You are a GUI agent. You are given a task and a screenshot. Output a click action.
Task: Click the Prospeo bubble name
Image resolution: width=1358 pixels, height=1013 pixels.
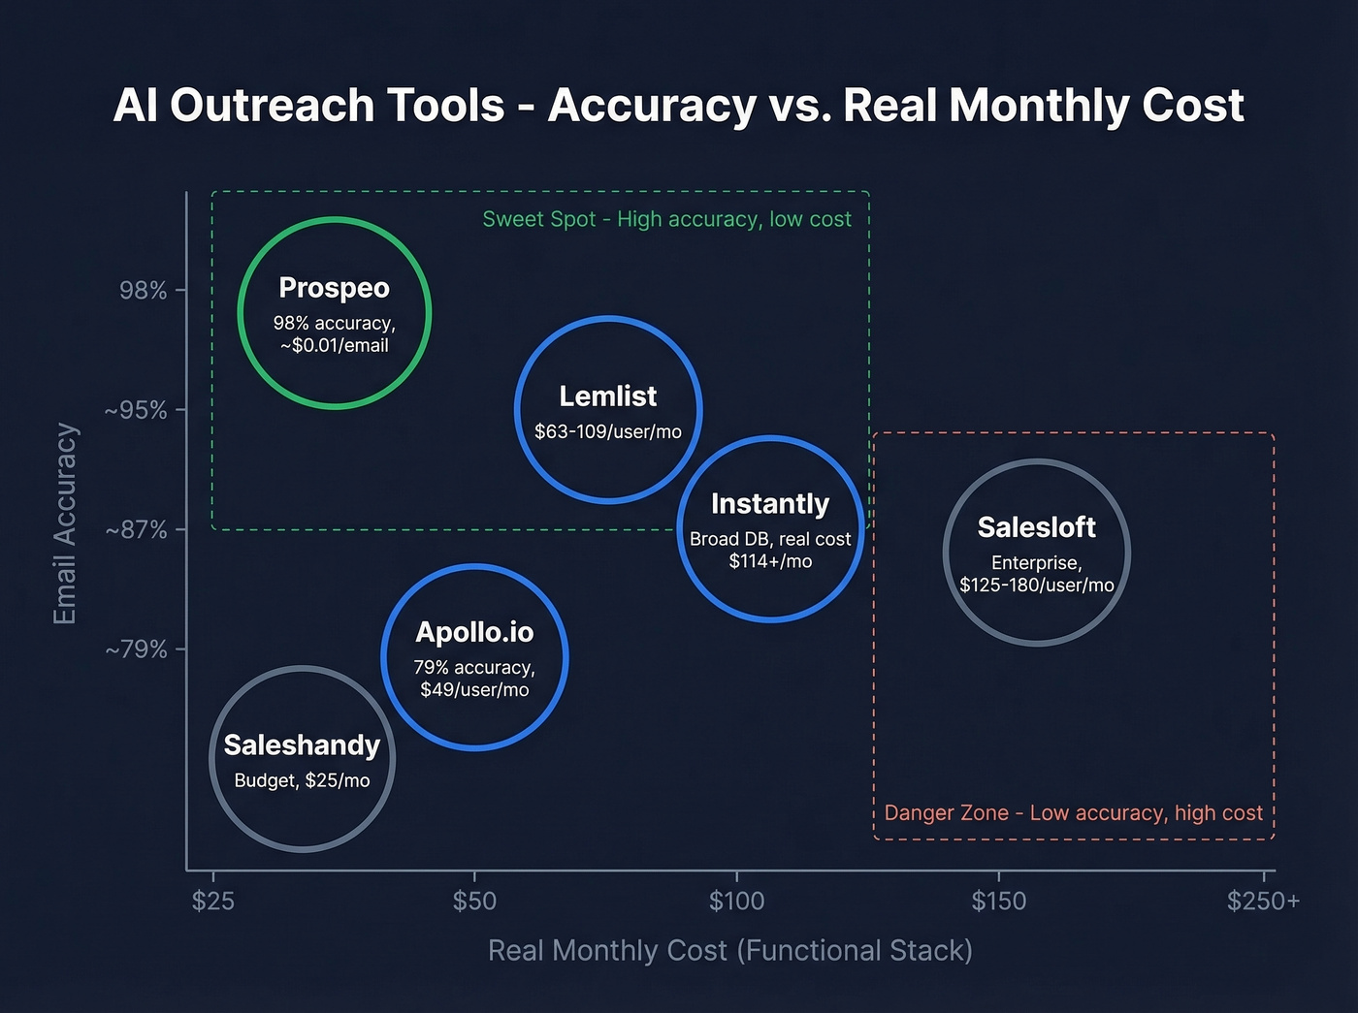click(334, 288)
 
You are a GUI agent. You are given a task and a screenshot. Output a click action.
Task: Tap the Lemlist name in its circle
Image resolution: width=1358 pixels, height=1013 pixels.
click(608, 396)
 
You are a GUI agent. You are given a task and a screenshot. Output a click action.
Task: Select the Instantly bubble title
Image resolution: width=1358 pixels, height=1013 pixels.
click(770, 504)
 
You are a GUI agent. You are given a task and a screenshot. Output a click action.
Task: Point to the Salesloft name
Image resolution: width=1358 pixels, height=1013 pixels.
click(1036, 527)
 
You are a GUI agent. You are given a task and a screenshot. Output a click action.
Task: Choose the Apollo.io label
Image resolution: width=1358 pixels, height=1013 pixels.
click(474, 632)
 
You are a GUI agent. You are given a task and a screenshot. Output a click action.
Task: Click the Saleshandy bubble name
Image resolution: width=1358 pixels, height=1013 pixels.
click(302, 744)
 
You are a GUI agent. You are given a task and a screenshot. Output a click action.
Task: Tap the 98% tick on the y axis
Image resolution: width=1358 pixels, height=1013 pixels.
click(144, 290)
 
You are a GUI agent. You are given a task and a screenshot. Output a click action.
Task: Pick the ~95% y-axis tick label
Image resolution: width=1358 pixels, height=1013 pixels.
click(136, 410)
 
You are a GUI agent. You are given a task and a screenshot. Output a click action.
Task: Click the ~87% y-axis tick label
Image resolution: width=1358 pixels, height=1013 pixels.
click(136, 529)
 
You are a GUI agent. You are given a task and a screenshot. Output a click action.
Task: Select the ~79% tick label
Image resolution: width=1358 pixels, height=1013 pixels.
click(136, 649)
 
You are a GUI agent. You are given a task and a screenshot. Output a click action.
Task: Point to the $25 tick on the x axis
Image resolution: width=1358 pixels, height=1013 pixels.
click(212, 901)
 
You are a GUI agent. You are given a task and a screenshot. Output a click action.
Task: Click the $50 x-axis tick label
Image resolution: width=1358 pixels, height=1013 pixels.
click(474, 901)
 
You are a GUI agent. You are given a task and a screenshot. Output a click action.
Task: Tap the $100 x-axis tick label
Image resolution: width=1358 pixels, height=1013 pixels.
click(736, 901)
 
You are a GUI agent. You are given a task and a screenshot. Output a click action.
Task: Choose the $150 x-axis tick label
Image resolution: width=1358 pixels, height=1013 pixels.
click(998, 901)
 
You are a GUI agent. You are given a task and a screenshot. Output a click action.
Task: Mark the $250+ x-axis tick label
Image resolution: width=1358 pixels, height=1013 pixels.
click(1263, 901)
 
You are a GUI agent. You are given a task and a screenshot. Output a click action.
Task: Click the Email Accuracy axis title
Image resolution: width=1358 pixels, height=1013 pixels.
click(65, 523)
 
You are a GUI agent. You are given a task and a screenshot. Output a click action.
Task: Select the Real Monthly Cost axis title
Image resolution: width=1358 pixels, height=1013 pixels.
click(729, 950)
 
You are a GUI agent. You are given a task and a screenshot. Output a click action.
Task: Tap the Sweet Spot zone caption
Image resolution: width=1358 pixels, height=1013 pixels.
click(666, 219)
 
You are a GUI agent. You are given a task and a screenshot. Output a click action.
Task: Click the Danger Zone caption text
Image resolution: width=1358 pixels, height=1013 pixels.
click(1073, 812)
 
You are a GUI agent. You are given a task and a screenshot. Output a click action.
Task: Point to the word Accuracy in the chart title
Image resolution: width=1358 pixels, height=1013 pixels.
click(652, 105)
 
